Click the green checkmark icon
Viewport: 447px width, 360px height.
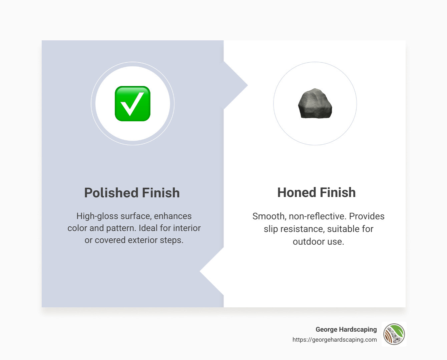tap(132, 104)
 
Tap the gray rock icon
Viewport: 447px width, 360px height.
tap(315, 104)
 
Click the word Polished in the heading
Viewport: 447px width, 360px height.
tap(111, 193)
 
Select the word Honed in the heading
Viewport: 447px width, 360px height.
tap(297, 193)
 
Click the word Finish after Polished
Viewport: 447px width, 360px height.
tap(161, 193)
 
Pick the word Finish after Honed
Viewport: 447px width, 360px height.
tap(338, 193)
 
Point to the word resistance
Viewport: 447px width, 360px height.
tap(302, 229)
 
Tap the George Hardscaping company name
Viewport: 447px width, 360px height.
tap(346, 329)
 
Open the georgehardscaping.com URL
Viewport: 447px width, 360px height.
tap(335, 340)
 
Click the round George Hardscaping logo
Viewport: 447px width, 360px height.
tap(394, 334)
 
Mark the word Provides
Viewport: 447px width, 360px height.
tap(367, 216)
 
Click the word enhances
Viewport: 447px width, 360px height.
tap(172, 216)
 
